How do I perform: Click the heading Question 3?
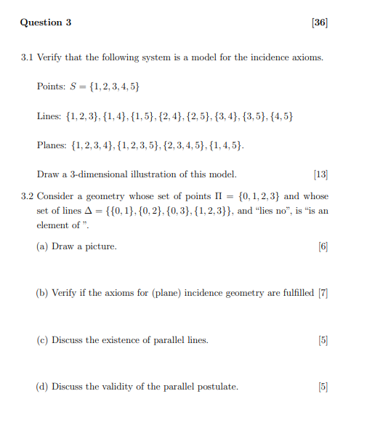coord(46,23)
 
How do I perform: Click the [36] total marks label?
coord(320,23)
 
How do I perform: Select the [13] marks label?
coord(320,174)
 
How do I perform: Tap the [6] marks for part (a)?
coord(323,246)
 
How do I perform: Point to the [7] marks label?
coord(323,293)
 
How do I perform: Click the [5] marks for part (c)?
coord(323,340)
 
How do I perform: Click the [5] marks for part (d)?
coord(323,387)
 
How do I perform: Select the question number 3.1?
coord(28,57)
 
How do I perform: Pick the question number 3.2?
coord(28,196)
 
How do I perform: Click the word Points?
coord(50,87)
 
